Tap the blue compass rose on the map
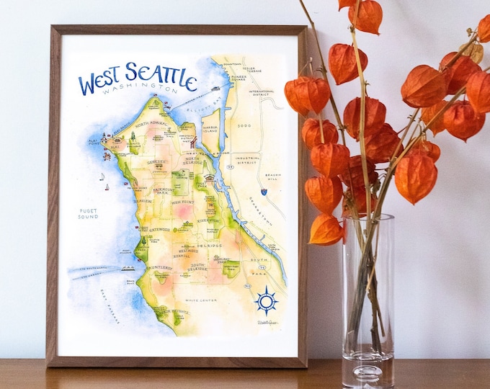(266, 300)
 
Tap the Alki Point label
(94, 142)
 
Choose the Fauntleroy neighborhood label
(160, 268)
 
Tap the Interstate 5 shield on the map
(264, 192)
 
